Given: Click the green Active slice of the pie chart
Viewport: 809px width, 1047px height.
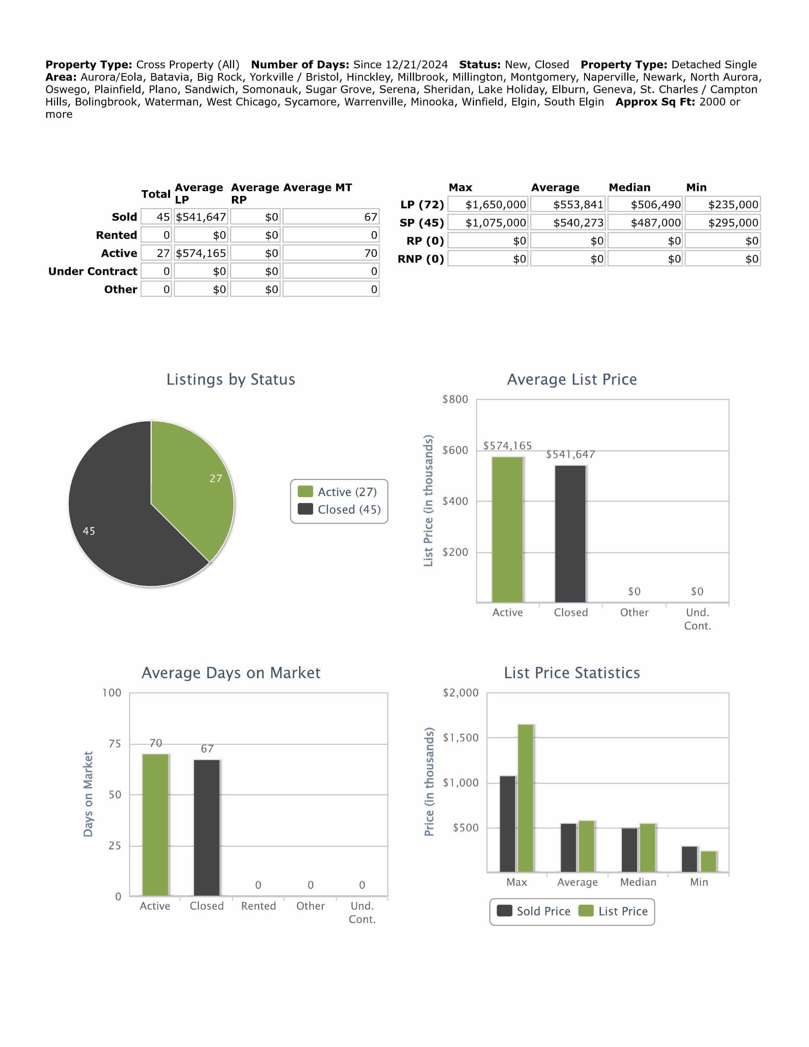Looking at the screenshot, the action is click(x=197, y=484).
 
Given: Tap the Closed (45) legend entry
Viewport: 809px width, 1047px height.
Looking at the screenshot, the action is click(x=339, y=509).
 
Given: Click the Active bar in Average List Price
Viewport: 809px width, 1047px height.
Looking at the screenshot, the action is click(x=508, y=529).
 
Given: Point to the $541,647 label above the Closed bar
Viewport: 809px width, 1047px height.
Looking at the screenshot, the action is click(x=570, y=454).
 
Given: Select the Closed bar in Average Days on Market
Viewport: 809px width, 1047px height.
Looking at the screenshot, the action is click(x=207, y=827).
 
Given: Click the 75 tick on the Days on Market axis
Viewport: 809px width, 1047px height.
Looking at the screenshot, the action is click(x=115, y=744).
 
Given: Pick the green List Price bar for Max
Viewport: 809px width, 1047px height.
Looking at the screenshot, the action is click(x=526, y=798).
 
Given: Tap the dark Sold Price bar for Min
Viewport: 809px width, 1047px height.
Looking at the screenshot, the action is click(x=690, y=859).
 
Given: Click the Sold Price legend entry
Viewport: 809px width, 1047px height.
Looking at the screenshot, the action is click(x=534, y=911).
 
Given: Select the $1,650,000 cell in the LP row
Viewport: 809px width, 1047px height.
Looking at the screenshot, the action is click(x=488, y=205).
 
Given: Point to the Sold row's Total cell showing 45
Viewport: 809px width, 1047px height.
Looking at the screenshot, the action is click(x=156, y=217).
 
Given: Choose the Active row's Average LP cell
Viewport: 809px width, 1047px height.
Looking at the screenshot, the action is click(x=201, y=253).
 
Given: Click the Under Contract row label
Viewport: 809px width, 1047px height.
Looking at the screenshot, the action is click(x=92, y=271).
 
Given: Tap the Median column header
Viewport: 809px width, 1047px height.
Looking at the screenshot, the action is click(x=629, y=187).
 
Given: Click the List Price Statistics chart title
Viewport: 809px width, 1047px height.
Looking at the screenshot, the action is click(x=572, y=673).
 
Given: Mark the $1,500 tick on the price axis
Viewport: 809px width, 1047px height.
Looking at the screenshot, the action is click(x=461, y=737).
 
